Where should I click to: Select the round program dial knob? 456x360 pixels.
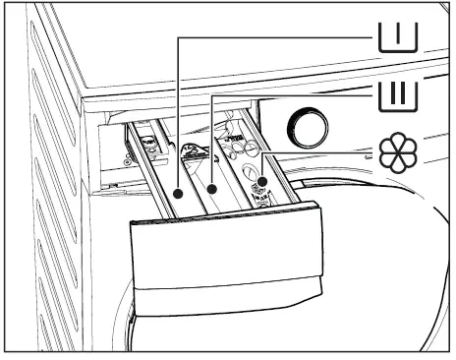pyautogui.click(x=305, y=129)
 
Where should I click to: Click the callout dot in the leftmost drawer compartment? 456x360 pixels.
pyautogui.click(x=178, y=194)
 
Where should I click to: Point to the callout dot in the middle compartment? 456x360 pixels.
pyautogui.click(x=212, y=187)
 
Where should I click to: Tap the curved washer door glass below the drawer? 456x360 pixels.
pyautogui.click(x=393, y=246)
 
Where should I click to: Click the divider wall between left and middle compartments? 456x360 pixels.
pyautogui.click(x=195, y=177)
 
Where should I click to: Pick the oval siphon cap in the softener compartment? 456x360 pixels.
pyautogui.click(x=254, y=167)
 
